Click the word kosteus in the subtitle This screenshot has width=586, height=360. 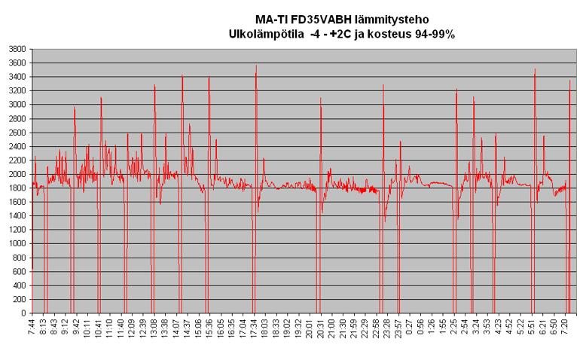377,34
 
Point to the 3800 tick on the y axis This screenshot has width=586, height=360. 16,49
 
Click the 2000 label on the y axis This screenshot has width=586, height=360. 16,174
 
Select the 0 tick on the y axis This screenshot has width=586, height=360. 23,313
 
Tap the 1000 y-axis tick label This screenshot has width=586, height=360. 16,244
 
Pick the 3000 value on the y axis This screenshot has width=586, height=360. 16,105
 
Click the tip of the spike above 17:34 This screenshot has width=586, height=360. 256,66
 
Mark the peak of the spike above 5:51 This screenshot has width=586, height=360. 535,69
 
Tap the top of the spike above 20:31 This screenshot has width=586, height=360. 321,98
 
